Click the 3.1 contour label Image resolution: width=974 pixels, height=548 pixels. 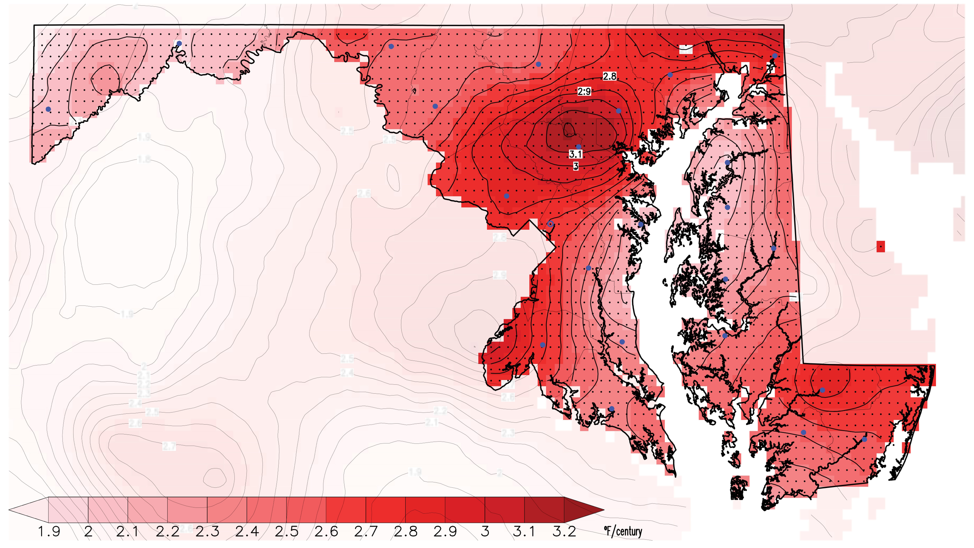(575, 154)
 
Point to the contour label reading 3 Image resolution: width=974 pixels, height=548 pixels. (575, 166)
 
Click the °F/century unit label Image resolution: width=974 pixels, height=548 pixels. (623, 531)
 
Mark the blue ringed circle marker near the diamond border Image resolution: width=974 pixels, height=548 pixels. (551, 224)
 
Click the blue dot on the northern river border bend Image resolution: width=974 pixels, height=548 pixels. (179, 43)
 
